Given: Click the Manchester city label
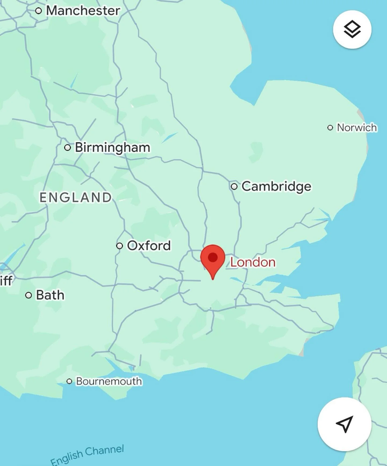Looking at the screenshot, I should [x=83, y=11].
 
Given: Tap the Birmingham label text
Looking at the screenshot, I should [x=112, y=148].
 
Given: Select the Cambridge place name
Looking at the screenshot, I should [x=276, y=186].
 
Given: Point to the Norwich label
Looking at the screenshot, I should [x=357, y=127].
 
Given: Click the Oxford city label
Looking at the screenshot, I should [x=149, y=245].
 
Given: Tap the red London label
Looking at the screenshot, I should [x=253, y=262].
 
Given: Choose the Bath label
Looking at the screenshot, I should [x=50, y=295].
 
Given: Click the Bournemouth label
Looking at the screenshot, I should [x=109, y=381].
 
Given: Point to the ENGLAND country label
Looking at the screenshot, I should [x=76, y=197].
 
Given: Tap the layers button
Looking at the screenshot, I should [x=352, y=30].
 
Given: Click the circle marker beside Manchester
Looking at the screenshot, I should [x=39, y=11].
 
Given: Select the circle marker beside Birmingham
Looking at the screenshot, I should [x=67, y=148].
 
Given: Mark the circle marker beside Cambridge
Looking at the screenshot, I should [x=234, y=186].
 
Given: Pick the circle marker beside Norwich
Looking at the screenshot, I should [x=330, y=127].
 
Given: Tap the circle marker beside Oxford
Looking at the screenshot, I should [x=120, y=246].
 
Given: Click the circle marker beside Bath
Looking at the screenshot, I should [x=28, y=295].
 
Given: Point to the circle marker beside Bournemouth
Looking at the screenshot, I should [x=69, y=381].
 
